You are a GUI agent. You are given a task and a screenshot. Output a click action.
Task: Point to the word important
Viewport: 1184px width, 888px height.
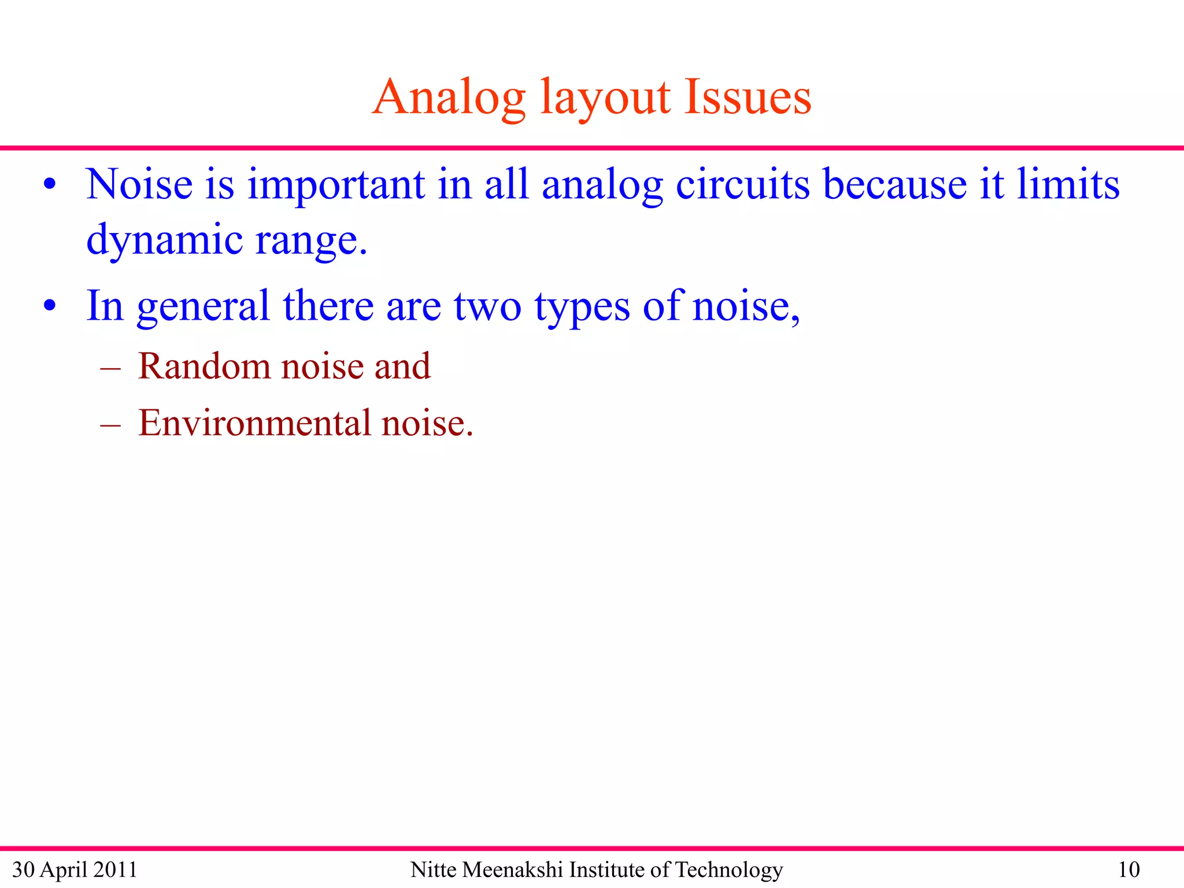point(336,185)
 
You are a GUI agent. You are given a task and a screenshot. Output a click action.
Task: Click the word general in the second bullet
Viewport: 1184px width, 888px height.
point(203,306)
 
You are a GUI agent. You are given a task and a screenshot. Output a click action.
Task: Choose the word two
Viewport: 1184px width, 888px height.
point(487,306)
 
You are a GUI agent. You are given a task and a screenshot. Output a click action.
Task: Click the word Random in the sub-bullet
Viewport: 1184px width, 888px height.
point(204,366)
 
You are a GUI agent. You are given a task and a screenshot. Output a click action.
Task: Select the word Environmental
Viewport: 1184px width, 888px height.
point(254,423)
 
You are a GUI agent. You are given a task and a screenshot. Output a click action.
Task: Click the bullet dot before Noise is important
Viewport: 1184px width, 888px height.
point(50,185)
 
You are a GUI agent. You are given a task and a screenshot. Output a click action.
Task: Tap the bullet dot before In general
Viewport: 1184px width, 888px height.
point(50,306)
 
